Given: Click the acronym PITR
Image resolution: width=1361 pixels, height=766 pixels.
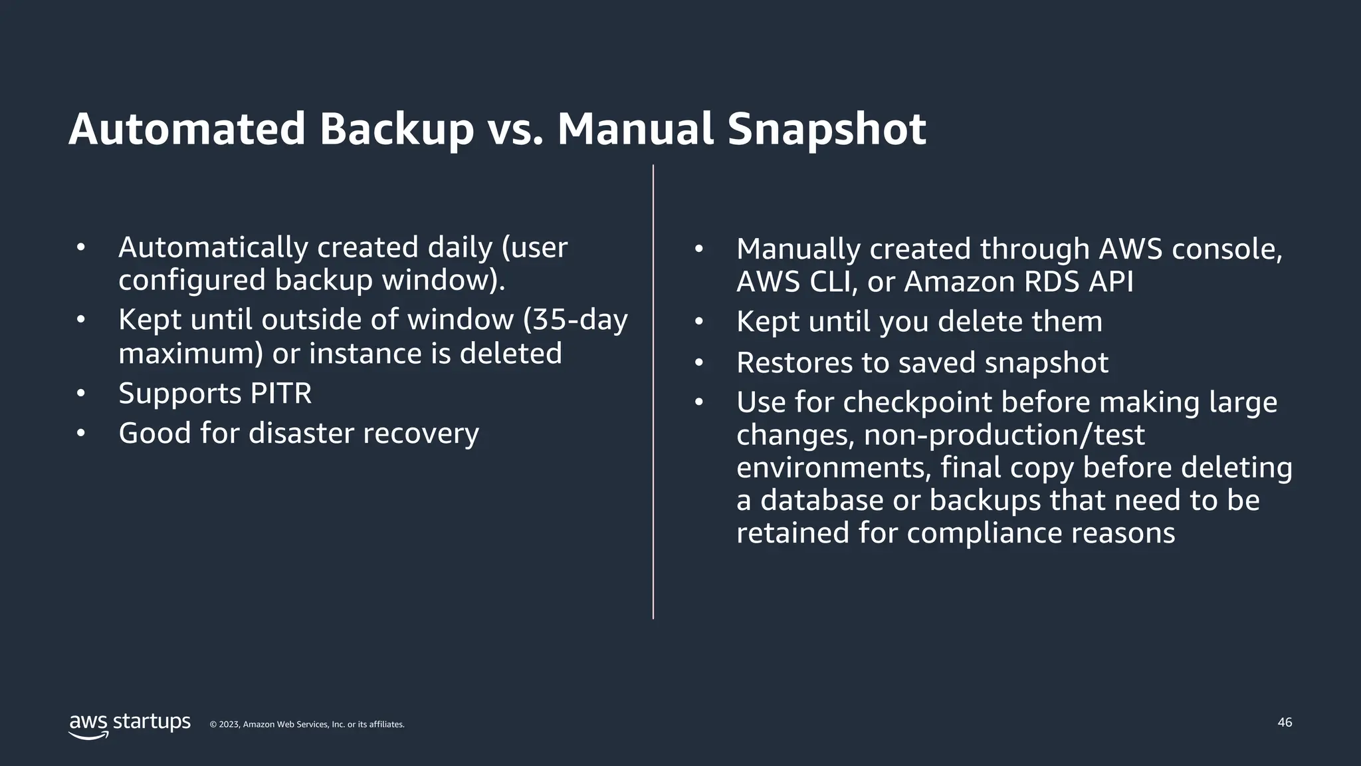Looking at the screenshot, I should coord(281,393).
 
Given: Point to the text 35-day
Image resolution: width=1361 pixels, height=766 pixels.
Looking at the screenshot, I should coord(576,320).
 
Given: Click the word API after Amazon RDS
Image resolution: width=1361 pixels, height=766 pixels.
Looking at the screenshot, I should coord(1110,282).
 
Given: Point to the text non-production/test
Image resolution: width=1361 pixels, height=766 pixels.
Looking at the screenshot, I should coord(1004,435).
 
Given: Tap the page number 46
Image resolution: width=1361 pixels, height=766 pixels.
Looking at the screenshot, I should coord(1285,722).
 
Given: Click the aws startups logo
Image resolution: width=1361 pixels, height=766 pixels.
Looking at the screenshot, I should coord(130,725).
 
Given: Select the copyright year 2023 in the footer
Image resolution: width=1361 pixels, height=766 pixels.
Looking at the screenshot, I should coord(229,725).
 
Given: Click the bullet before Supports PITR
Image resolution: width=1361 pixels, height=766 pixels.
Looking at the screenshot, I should coord(81,393).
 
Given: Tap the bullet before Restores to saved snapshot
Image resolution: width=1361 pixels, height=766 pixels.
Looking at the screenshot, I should coord(698,363).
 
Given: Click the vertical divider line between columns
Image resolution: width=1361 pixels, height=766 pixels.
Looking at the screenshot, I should coord(653,392).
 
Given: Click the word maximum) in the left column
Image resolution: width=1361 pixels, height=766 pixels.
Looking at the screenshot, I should coord(191,353).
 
